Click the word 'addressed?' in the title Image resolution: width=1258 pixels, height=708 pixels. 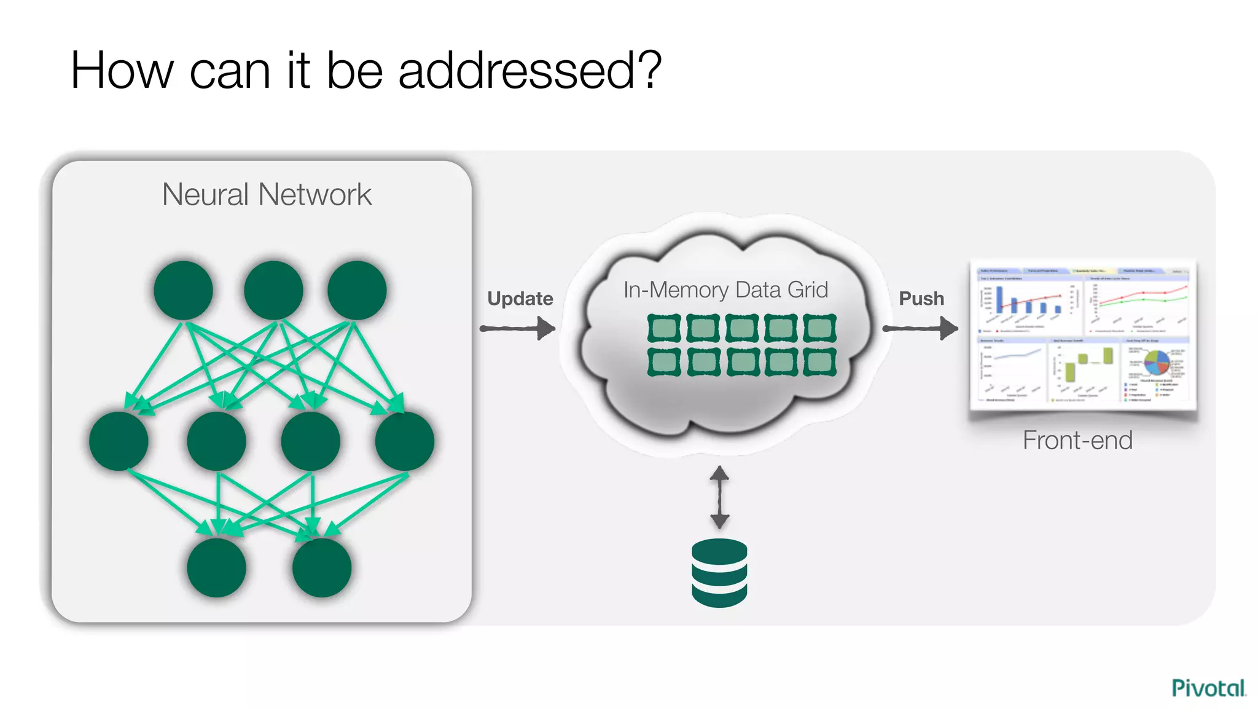tap(529, 71)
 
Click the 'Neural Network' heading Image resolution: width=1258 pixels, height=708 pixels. tap(267, 195)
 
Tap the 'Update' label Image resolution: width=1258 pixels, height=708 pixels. tap(520, 299)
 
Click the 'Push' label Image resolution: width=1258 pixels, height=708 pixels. tap(921, 299)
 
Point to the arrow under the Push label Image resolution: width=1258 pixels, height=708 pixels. tap(920, 328)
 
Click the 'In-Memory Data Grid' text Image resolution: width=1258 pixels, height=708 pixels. tap(725, 289)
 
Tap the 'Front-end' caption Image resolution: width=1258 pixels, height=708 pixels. tap(1077, 440)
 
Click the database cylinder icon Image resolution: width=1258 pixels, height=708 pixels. tap(719, 572)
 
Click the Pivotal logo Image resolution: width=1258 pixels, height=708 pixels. tap(1208, 688)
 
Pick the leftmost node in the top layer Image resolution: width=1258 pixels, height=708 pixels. tap(183, 290)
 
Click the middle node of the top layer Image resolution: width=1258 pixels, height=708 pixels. tap(273, 290)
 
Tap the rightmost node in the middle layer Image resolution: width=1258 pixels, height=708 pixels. tap(405, 441)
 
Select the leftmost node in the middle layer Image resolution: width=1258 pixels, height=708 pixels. tap(119, 441)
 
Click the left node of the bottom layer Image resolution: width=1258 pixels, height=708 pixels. tap(216, 567)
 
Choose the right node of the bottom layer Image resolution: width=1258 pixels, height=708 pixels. tap(322, 567)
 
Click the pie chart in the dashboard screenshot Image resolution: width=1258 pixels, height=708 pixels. tap(1157, 363)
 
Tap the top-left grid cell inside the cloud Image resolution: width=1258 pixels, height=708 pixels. tap(664, 328)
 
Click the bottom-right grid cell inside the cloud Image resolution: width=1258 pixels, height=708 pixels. tap(819, 362)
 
